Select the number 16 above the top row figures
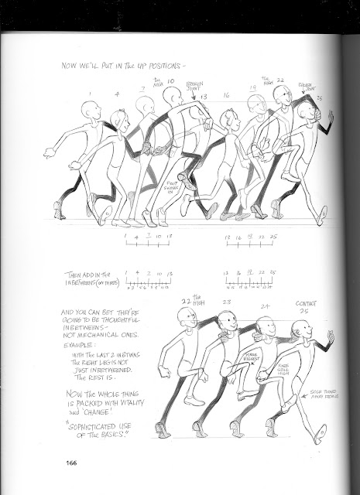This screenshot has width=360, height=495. click(227, 96)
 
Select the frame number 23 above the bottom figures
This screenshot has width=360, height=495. click(227, 302)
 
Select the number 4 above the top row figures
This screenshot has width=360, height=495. click(118, 96)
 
